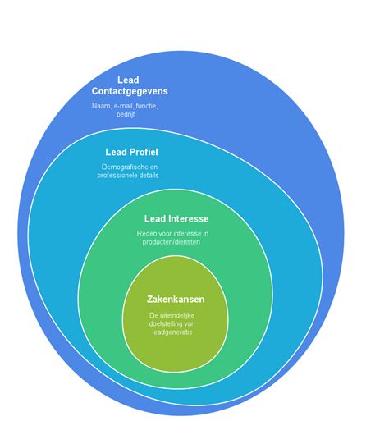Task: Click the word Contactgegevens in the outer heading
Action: [x=130, y=91]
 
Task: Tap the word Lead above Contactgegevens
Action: [x=128, y=80]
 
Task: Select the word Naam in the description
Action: [x=101, y=106]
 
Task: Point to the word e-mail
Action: [x=123, y=106]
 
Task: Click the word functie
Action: [x=147, y=106]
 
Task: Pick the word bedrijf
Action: [x=126, y=114]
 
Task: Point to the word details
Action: [x=149, y=176]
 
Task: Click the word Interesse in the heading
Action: [x=189, y=218]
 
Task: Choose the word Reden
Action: [x=144, y=234]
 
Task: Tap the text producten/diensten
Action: [x=172, y=242]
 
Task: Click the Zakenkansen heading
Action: [x=176, y=300]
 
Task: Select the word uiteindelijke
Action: [x=176, y=315]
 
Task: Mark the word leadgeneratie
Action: [x=172, y=332]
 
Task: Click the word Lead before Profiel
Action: [x=116, y=152]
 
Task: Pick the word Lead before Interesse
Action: [x=155, y=218]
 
